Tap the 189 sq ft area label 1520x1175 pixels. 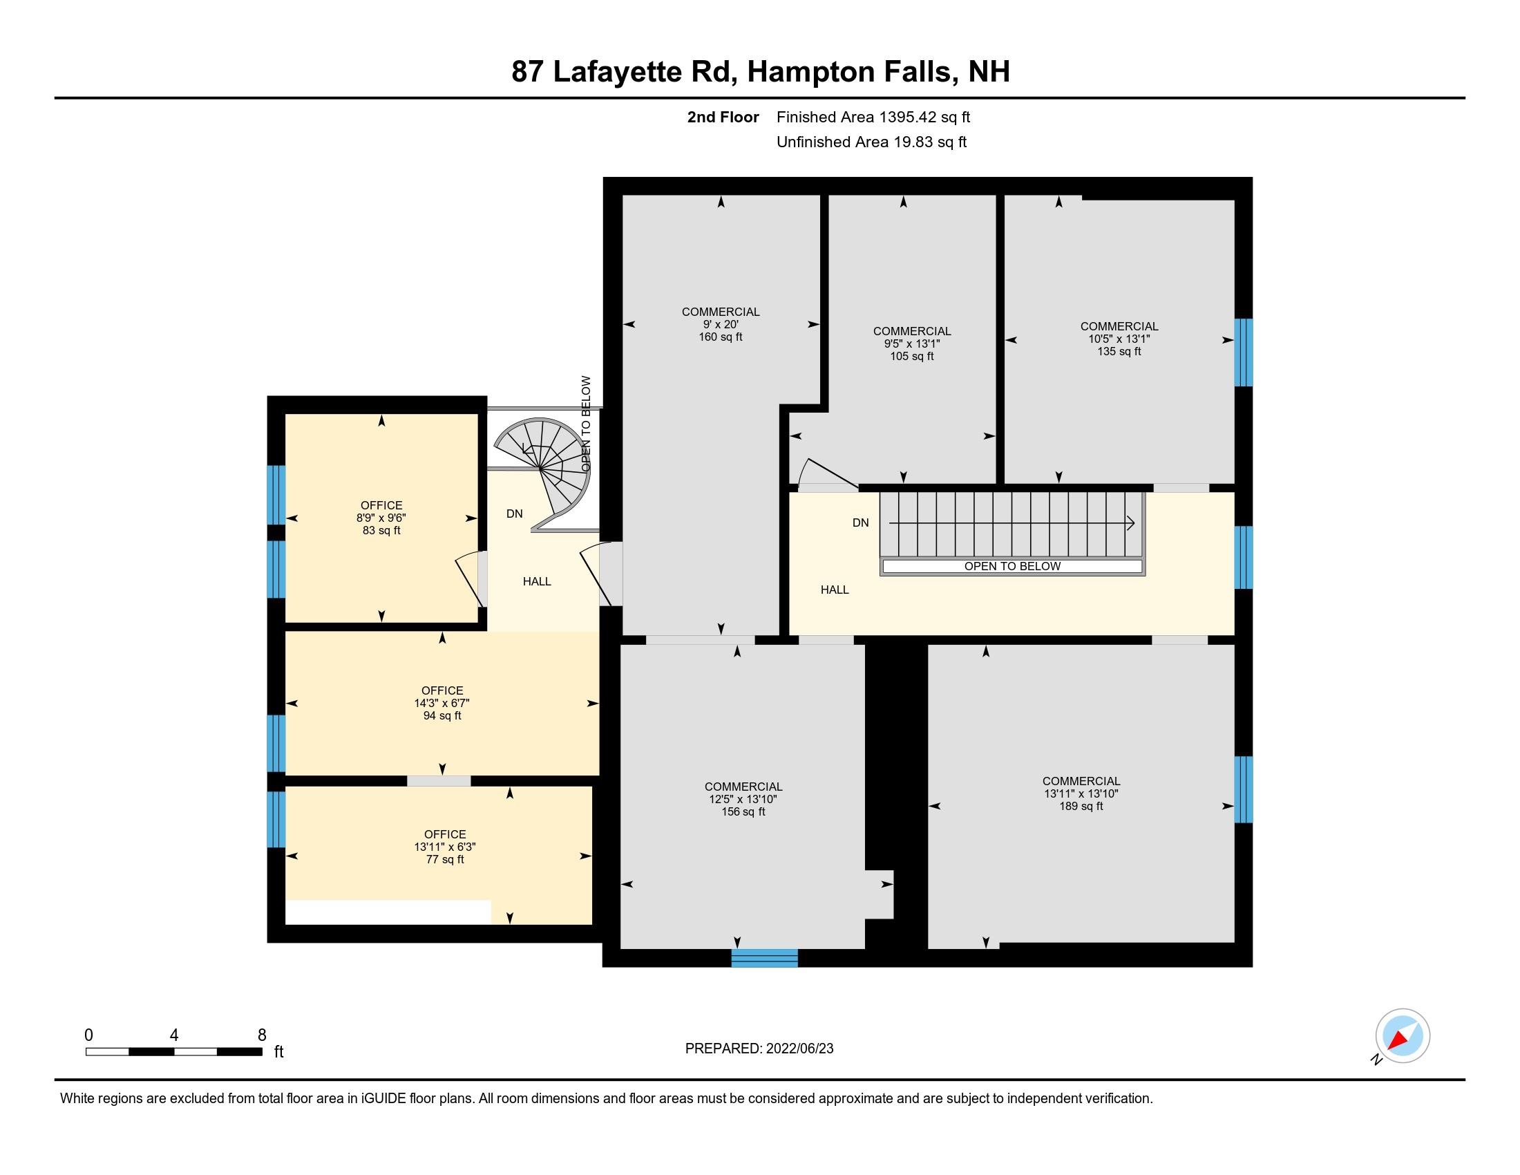tap(1081, 806)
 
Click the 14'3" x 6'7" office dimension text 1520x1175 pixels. tap(442, 703)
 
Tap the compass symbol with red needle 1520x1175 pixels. tap(1403, 1036)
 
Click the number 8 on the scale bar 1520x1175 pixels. tap(262, 1035)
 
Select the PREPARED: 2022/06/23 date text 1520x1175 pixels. tap(759, 1049)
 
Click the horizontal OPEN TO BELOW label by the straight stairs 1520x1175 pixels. tap(1012, 567)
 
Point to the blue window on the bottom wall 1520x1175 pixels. tap(764, 958)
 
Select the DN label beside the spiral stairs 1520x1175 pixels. tap(514, 514)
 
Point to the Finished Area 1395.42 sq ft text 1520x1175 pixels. tap(873, 117)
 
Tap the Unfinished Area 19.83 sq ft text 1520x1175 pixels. tap(871, 142)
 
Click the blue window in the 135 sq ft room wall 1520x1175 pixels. tap(1243, 352)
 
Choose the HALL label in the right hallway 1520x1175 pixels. tap(835, 590)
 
